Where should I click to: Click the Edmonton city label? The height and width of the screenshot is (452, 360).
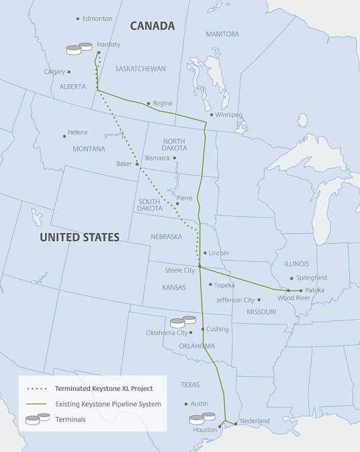click(x=97, y=19)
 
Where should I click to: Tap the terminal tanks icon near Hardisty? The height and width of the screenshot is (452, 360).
click(x=79, y=48)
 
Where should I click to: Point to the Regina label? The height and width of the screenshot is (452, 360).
click(x=163, y=103)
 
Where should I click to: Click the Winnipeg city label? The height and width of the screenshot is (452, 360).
click(x=229, y=114)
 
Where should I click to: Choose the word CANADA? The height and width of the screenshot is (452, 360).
click(x=152, y=26)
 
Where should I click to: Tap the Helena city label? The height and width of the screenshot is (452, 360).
click(x=77, y=133)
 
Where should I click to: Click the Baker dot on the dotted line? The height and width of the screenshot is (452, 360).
click(x=137, y=164)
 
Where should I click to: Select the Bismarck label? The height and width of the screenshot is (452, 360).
click(x=158, y=159)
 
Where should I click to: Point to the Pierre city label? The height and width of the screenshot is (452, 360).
click(x=185, y=199)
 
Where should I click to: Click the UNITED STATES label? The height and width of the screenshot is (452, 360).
click(x=79, y=237)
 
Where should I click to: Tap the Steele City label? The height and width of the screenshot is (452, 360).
click(x=179, y=271)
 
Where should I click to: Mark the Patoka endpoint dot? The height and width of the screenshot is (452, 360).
click(x=301, y=290)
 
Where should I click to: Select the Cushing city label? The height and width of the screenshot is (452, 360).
click(x=218, y=329)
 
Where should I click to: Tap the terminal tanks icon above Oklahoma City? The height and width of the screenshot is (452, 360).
click(x=183, y=322)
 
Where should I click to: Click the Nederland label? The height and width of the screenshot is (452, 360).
click(x=255, y=421)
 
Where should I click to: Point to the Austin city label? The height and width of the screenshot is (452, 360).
click(x=199, y=404)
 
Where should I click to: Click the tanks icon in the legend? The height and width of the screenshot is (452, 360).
click(x=38, y=419)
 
